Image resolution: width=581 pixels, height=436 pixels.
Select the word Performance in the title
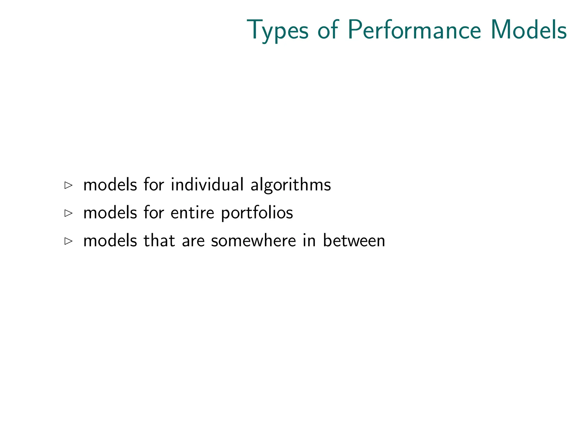click(x=414, y=30)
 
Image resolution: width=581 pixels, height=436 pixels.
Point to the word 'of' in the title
click(x=328, y=30)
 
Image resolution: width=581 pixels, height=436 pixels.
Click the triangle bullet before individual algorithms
click(x=68, y=185)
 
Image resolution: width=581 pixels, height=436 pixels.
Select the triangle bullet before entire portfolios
click(x=68, y=213)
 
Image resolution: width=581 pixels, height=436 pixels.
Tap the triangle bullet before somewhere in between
click(x=68, y=241)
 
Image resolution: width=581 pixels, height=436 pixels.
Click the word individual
click(x=207, y=185)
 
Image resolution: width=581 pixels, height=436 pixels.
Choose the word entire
click(x=192, y=213)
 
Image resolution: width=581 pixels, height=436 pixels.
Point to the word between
click(x=354, y=240)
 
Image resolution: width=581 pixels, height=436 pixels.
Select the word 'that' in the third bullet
click(x=159, y=240)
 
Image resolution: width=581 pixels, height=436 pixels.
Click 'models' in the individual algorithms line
click(x=110, y=185)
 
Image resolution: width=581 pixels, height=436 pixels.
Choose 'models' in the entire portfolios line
click(x=110, y=213)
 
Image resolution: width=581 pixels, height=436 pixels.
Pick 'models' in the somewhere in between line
click(x=110, y=240)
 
